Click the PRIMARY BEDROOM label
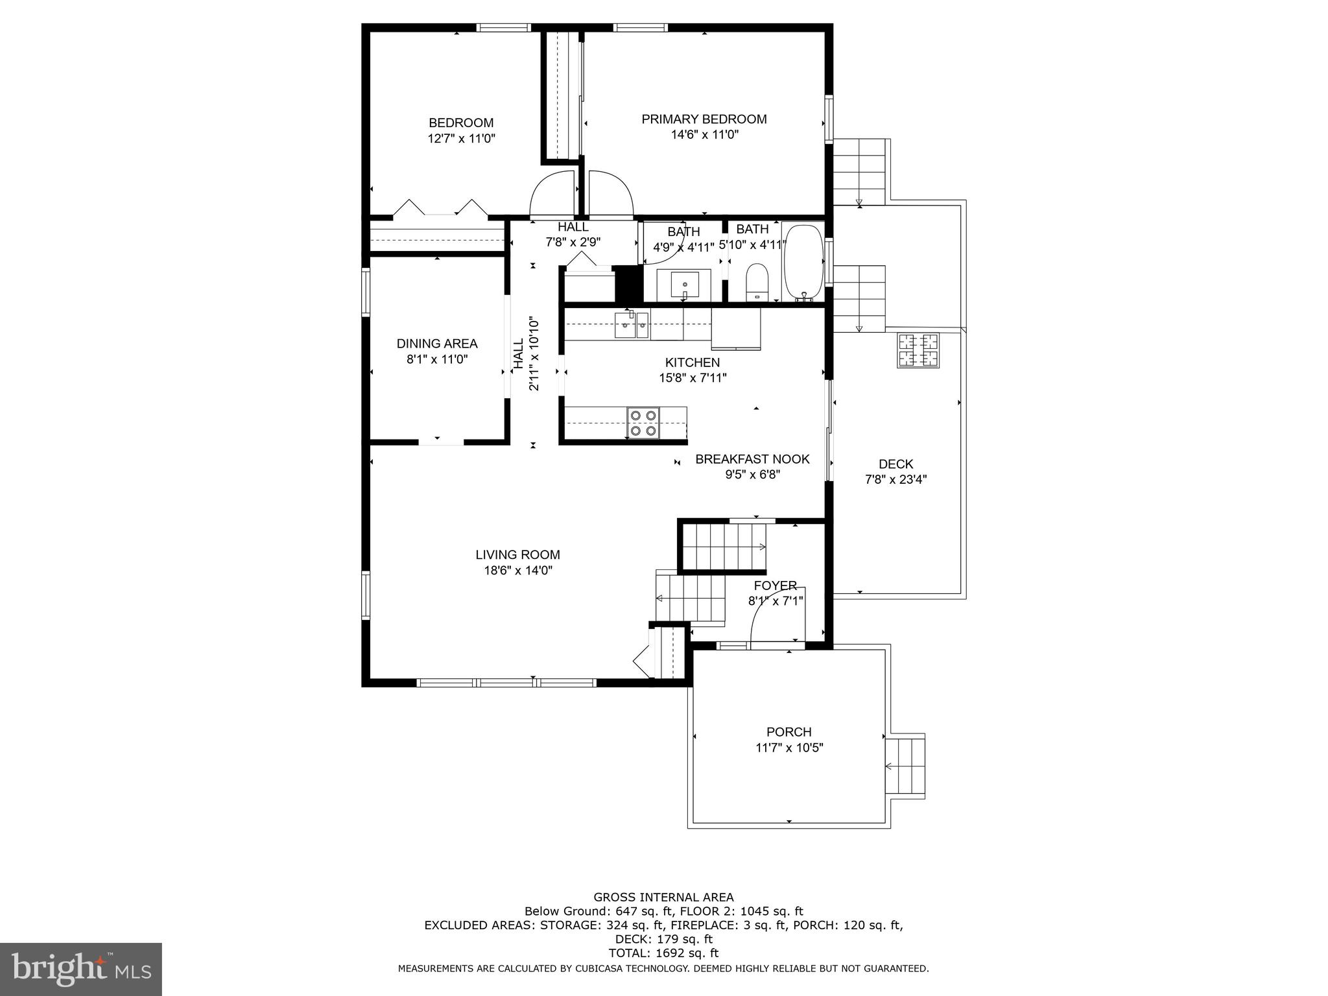tap(704, 119)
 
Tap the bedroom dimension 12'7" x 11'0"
tap(461, 138)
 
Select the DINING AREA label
tap(437, 344)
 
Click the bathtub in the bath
tap(803, 263)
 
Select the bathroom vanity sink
tap(685, 285)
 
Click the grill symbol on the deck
tap(918, 350)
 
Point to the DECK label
tap(895, 464)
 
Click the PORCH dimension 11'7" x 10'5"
tap(789, 748)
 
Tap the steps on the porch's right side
tap(905, 766)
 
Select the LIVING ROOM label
tap(517, 555)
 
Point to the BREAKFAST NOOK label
tap(752, 459)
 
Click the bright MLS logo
tap(80, 969)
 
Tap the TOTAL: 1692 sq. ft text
tap(663, 953)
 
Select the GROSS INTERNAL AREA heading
tap(663, 897)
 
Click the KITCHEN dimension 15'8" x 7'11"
tap(693, 378)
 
